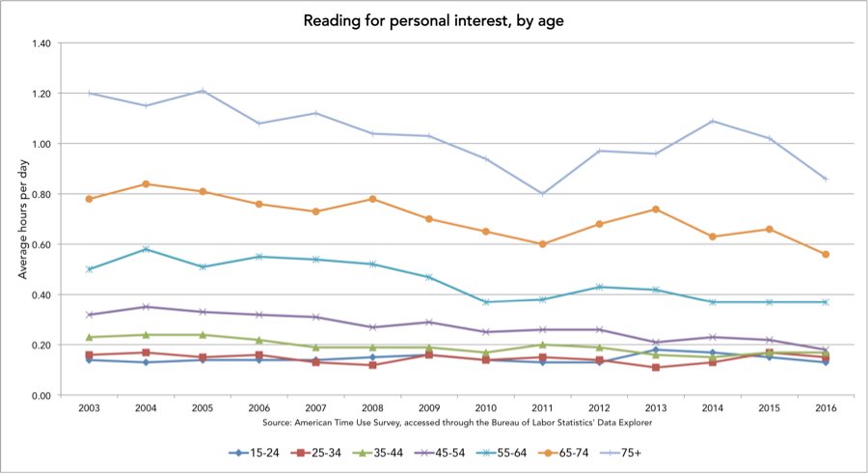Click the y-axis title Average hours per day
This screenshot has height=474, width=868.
coord(22,219)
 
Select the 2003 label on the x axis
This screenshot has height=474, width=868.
coord(90,409)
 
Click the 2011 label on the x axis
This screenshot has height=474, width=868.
coord(542,409)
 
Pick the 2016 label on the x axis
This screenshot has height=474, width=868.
coord(826,409)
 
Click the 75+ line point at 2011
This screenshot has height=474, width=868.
coord(542,193)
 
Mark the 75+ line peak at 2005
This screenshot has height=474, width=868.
coord(203,91)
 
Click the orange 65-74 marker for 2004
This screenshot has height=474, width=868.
coord(146,183)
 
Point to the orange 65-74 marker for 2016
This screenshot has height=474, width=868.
coord(826,254)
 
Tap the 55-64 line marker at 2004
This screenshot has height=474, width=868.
coord(146,249)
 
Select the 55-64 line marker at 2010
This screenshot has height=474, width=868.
coord(486,302)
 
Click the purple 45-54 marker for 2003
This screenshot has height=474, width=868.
coord(90,315)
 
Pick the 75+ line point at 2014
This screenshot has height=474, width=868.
coord(712,121)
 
